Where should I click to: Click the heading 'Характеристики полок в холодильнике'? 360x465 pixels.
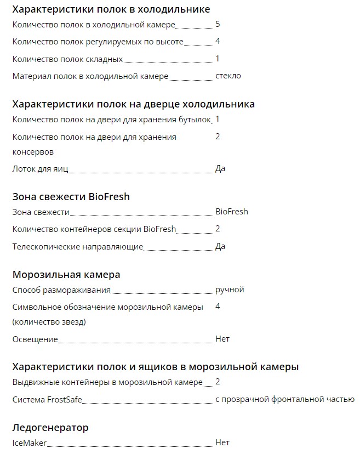(x=111, y=9)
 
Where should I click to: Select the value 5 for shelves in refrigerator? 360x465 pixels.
(x=218, y=24)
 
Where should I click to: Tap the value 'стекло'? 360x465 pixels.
(x=228, y=76)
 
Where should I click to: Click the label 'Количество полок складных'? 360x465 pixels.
(x=67, y=59)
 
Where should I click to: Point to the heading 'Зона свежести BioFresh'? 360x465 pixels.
(x=71, y=196)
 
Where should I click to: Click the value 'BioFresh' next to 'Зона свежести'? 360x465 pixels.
(x=231, y=211)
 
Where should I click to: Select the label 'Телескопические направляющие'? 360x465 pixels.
(x=77, y=247)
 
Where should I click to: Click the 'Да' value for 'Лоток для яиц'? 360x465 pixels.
(x=220, y=168)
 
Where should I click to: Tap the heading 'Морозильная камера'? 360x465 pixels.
(x=66, y=274)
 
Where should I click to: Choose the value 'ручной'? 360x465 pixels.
(x=230, y=290)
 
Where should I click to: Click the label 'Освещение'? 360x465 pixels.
(x=35, y=339)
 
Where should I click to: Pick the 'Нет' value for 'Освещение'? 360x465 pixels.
(x=222, y=339)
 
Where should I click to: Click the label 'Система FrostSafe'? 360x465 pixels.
(x=47, y=400)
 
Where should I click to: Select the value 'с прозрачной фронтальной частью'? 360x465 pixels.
(x=284, y=399)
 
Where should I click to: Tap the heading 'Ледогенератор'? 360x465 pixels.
(x=50, y=427)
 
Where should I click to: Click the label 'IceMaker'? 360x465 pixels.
(x=30, y=443)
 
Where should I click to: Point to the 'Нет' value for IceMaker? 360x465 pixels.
(x=222, y=442)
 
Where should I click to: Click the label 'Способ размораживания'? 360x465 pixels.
(x=61, y=290)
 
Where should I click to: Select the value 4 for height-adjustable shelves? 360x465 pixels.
(x=218, y=41)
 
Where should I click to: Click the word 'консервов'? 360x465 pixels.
(x=33, y=151)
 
